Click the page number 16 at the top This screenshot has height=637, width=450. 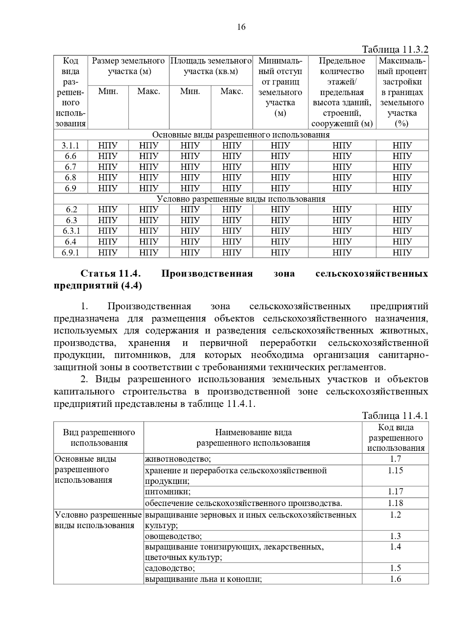pos(241,27)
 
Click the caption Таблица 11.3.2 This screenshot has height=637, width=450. pos(395,50)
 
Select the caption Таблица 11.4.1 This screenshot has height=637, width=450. pos(395,416)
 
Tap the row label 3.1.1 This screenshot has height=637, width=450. pos(70,146)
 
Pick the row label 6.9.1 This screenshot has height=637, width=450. pos(70,253)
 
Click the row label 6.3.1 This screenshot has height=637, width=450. pos(71,231)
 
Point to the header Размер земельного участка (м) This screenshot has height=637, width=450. pos(128,66)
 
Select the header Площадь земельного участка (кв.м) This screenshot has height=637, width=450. pos(211,66)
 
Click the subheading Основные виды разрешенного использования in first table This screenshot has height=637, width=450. pos(241,135)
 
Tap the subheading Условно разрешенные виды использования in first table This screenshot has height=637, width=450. pos(241,199)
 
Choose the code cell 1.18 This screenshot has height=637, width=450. pos(395,503)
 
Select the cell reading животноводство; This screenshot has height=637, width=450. pos(178,459)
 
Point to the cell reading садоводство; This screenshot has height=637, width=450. pos(170,568)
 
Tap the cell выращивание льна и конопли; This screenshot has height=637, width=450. pos(203,579)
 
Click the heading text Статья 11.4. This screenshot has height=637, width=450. pos(110,274)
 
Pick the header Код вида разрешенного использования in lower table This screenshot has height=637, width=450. pos(395,438)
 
